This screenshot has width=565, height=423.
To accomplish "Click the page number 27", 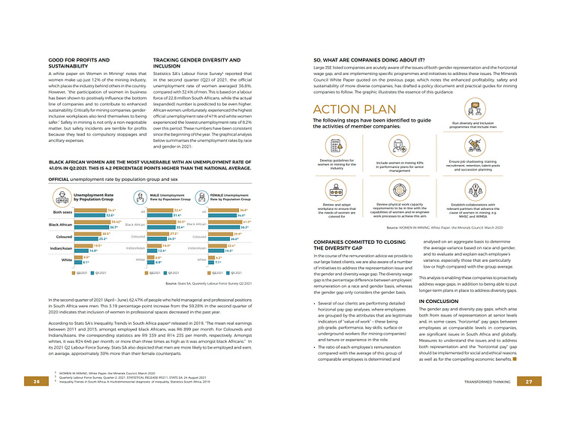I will coord(529,382).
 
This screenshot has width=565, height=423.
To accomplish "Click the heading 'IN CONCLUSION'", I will coord(439,301).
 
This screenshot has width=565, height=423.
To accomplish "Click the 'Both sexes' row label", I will coord(62,211).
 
